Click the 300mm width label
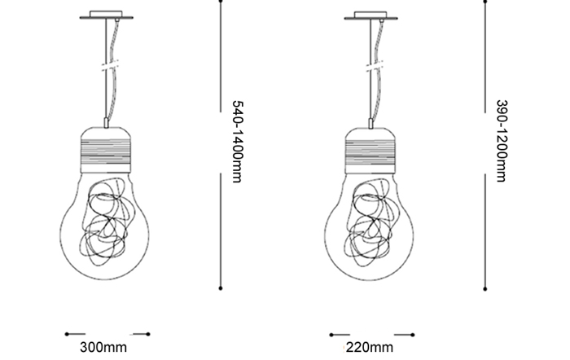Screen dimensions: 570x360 coord(103,347)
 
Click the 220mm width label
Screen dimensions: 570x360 coord(370,347)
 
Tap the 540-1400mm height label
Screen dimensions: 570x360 coord(237,142)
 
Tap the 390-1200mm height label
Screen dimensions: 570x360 coord(502,141)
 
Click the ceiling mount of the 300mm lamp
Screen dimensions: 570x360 coord(106,15)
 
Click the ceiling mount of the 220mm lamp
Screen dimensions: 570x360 coord(370,15)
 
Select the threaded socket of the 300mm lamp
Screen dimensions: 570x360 coord(105,150)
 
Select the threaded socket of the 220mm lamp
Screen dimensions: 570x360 coord(370,151)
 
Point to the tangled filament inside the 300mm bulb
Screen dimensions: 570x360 coord(107,222)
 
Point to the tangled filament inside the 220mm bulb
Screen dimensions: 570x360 coord(372,222)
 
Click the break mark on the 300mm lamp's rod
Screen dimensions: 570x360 coord(111,66)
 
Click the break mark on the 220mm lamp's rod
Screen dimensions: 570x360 coord(375,67)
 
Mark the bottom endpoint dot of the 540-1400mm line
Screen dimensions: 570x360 coord(221,288)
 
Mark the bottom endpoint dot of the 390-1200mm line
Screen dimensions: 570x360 coord(485,289)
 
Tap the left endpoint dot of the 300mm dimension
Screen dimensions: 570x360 coord(67,334)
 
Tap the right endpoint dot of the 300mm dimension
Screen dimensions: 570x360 coord(148,334)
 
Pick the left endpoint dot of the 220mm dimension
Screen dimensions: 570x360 coord(331,335)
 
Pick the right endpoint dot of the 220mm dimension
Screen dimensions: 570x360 coord(413,335)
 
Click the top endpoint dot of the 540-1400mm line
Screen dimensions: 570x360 coord(221,1)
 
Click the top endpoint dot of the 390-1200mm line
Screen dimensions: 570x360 coord(485,2)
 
